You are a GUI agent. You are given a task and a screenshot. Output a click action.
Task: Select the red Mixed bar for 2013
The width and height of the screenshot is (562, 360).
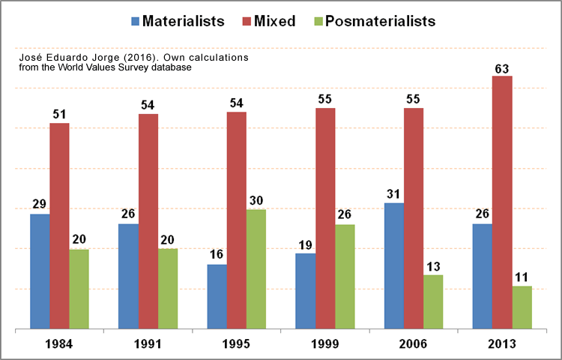pyautogui.click(x=502, y=202)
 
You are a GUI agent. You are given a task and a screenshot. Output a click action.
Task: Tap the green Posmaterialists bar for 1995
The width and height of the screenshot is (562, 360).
pyautogui.click(x=256, y=269)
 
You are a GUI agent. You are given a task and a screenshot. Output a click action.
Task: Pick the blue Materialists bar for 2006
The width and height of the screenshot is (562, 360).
pyautogui.click(x=394, y=266)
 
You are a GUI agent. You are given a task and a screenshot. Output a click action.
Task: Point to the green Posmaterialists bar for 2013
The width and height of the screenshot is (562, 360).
pyautogui.click(x=522, y=307)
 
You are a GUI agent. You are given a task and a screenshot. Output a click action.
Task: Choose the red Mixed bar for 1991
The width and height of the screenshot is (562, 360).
pyautogui.click(x=148, y=221)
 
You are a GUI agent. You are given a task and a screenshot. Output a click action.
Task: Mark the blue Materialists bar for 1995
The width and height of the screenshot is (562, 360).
pyautogui.click(x=217, y=297)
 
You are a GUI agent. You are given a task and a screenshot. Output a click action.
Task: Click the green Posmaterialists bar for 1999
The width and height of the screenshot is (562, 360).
pyautogui.click(x=345, y=277)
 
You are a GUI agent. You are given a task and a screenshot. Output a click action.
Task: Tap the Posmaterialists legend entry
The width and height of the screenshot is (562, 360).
pyautogui.click(x=383, y=21)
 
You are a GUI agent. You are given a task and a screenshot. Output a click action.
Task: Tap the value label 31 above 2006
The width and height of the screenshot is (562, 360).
pyautogui.click(x=394, y=193)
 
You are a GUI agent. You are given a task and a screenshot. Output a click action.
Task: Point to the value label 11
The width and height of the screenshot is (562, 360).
pyautogui.click(x=522, y=277)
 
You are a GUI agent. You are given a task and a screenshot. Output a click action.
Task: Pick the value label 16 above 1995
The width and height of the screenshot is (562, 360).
pyautogui.click(x=217, y=255)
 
